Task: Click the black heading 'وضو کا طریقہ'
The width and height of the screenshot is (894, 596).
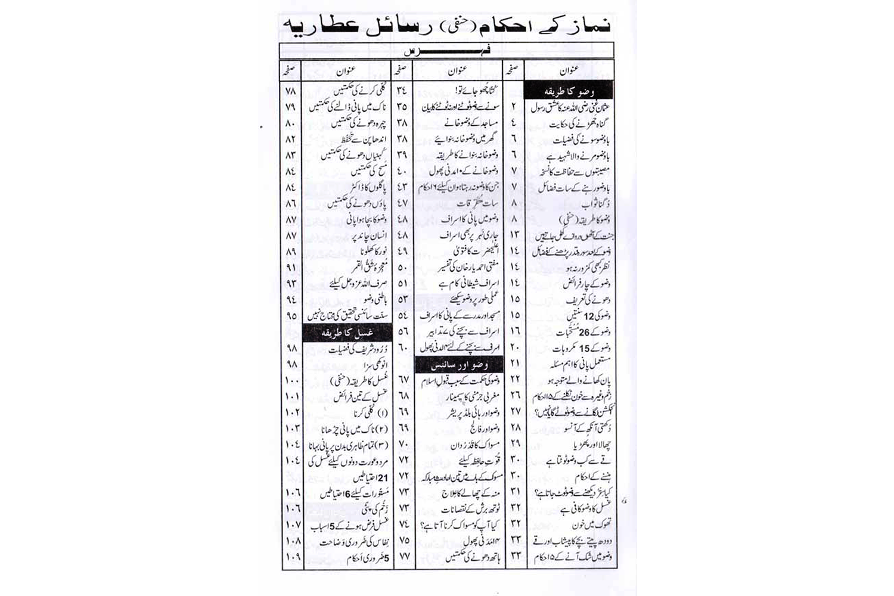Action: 569,92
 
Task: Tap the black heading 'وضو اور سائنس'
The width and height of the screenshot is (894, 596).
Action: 459,365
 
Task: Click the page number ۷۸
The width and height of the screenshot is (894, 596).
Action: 291,91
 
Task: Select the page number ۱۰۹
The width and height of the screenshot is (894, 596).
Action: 292,558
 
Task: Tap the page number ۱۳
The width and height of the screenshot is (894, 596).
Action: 514,235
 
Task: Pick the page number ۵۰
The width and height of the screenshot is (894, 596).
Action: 402,268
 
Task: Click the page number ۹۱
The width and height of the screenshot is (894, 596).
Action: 291,268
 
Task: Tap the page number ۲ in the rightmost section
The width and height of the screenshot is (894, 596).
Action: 514,108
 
